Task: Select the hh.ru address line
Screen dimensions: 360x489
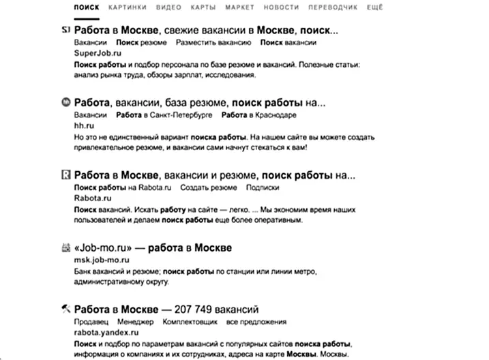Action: (82, 126)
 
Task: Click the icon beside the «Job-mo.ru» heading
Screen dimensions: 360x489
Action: (65, 247)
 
